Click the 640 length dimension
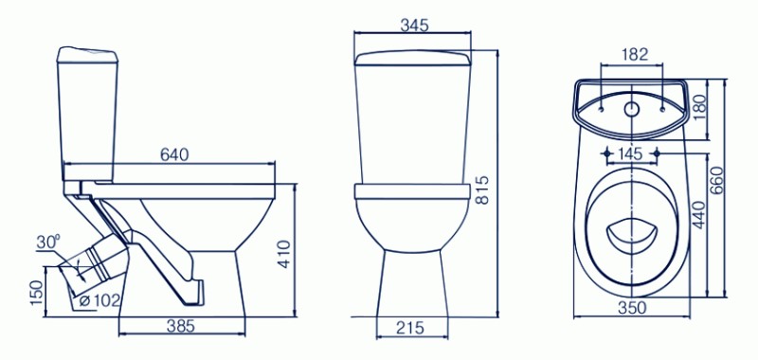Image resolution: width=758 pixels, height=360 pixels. pos(174,154)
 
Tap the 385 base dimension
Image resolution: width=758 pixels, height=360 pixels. pos(181,327)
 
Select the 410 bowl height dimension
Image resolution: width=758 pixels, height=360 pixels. pos(285,254)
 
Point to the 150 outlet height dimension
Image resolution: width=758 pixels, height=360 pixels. pos(37,292)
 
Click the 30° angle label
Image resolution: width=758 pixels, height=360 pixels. pos(48,243)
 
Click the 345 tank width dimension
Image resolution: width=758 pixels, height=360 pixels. pos(415,26)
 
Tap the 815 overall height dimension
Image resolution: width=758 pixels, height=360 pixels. pos(482,190)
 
